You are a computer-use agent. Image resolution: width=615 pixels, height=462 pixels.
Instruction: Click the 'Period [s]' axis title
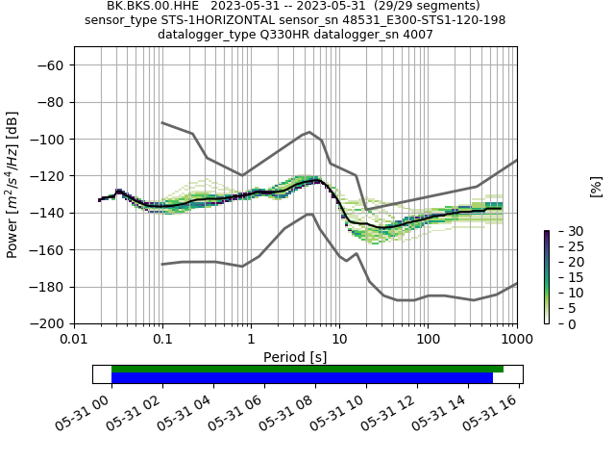tap(295, 357)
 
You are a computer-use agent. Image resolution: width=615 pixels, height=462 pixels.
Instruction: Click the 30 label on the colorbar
tap(563, 231)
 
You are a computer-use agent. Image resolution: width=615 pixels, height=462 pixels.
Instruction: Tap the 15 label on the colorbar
tap(563, 277)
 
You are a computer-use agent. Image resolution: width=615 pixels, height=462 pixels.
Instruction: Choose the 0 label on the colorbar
tap(559, 323)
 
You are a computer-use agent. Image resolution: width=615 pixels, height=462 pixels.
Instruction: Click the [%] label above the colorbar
tap(596, 186)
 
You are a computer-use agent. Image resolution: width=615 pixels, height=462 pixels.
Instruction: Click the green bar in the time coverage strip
tap(307, 369)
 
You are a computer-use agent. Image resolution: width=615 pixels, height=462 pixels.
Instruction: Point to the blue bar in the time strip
tap(302, 378)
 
